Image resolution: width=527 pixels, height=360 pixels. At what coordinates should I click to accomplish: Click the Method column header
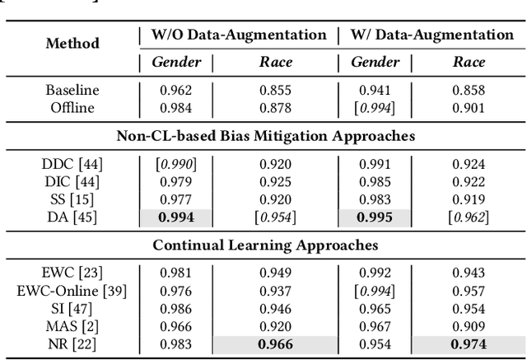(x=72, y=43)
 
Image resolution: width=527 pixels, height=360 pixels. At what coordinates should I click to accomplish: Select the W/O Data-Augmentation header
(x=239, y=35)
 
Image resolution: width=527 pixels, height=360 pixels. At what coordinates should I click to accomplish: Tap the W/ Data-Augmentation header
(x=432, y=35)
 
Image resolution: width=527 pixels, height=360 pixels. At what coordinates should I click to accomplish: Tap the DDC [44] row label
(x=72, y=165)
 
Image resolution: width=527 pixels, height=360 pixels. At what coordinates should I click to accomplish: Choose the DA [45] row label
(x=72, y=217)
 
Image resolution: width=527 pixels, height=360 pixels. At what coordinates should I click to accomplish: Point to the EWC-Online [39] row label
(x=72, y=291)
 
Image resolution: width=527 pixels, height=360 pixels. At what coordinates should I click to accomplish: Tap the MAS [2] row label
(x=72, y=325)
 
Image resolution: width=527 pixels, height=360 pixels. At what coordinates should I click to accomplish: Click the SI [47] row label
(x=72, y=308)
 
